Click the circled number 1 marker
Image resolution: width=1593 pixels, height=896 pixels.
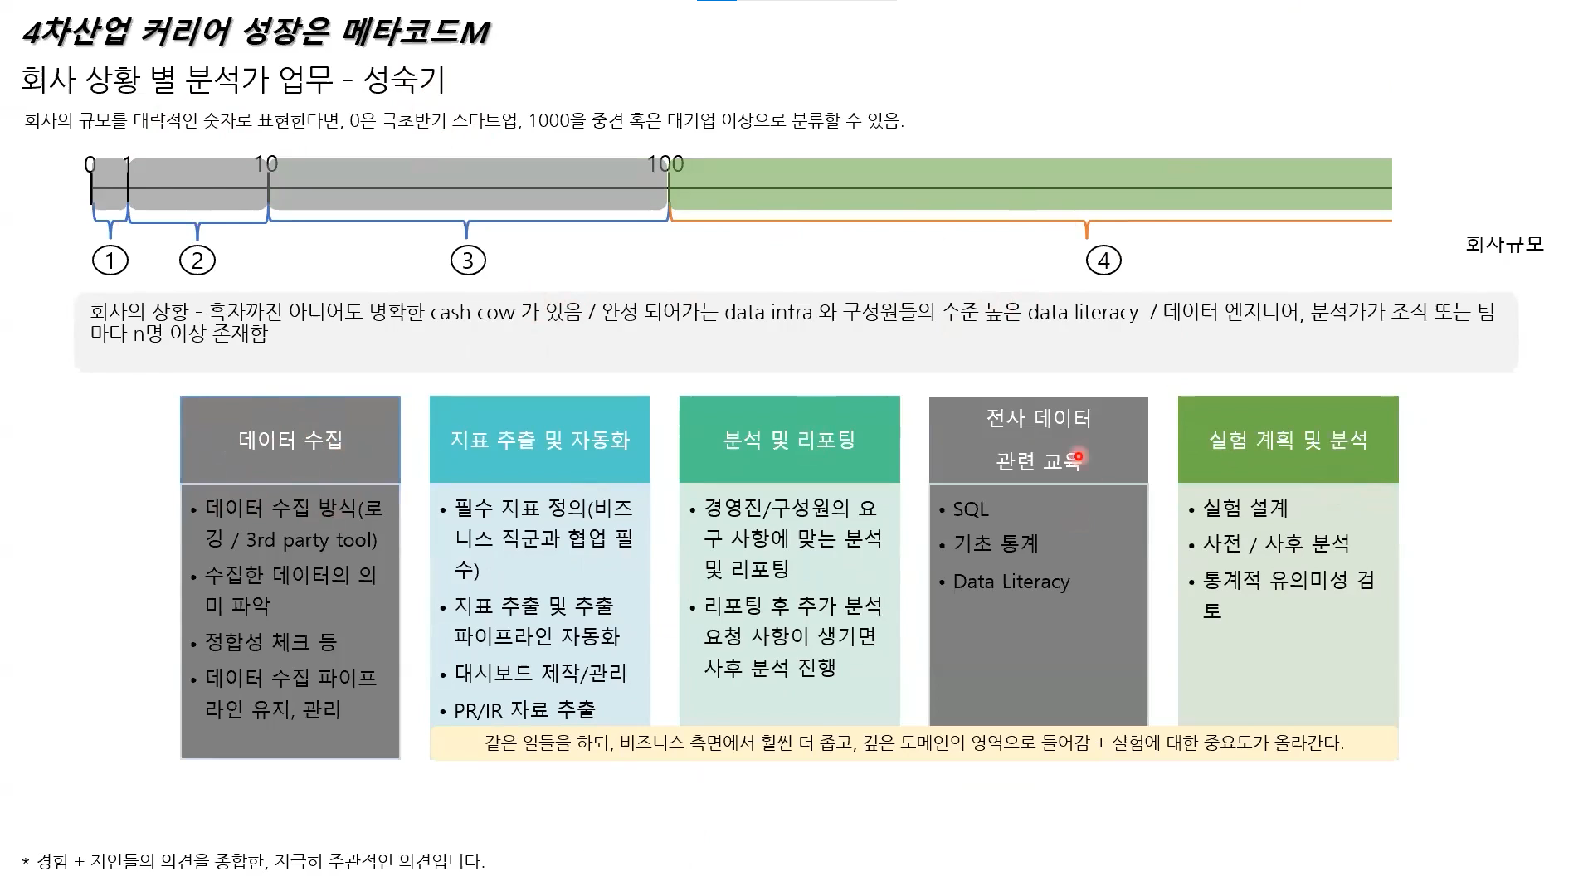pos(110,261)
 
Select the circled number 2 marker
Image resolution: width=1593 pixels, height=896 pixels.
pos(197,261)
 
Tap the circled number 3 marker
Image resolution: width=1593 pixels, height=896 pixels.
pos(468,261)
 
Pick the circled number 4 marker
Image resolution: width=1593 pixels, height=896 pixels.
pos(1103,261)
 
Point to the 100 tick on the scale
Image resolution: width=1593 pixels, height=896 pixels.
pos(665,164)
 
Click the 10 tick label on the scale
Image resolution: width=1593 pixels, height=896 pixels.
pos(265,164)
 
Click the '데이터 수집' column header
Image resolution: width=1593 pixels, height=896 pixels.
pos(290,440)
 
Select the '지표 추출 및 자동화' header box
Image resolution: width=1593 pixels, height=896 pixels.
pos(540,440)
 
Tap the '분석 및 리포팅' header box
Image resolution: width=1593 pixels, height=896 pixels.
pos(789,440)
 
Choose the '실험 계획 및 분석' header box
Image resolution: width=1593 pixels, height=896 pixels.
pos(1288,440)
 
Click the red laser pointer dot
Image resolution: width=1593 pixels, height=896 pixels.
pos(1079,456)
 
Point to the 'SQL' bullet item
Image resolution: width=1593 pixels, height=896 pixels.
pos(971,509)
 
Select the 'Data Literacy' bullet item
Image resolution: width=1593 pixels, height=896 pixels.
pos(1011,582)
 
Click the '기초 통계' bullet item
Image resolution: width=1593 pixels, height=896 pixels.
pos(996,544)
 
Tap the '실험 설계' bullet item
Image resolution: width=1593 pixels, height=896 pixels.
pos(1245,508)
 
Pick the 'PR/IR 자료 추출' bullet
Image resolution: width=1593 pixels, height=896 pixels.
pos(524,710)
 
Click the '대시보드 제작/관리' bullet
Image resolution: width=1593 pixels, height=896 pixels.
pos(540,673)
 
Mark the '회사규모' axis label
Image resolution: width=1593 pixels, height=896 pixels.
pos(1504,245)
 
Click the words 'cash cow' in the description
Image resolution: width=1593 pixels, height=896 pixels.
pos(473,313)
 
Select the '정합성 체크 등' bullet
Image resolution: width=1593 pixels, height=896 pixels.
pos(270,642)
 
